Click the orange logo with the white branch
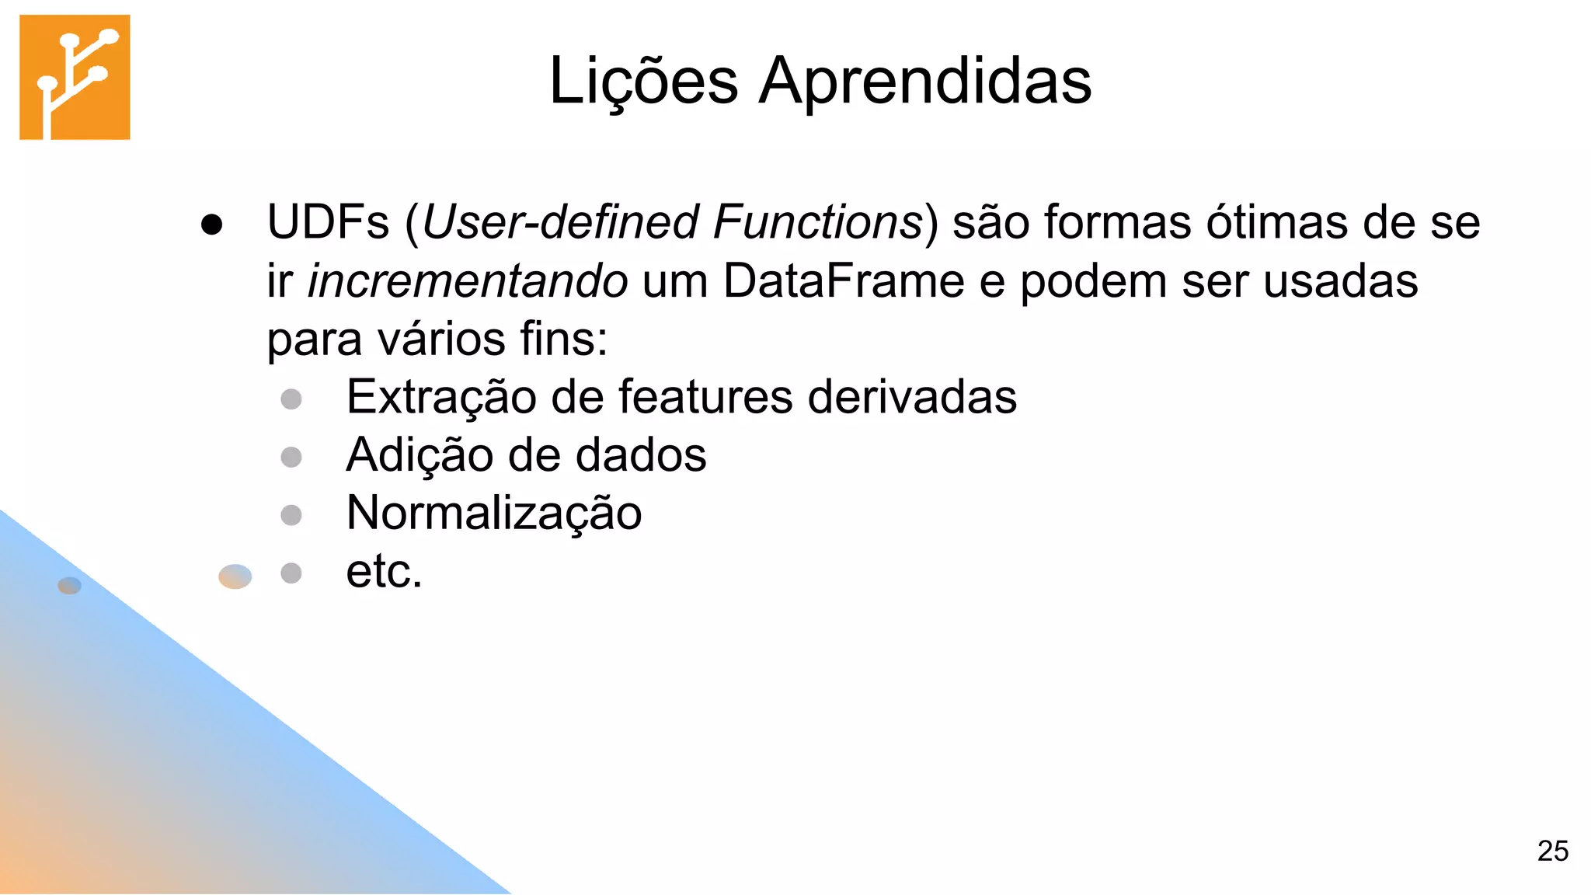75,77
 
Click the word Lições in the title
643,81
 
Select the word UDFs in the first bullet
328,222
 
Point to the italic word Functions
817,222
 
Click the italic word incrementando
468,280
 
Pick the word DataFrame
844,280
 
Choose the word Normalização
494,514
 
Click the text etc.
384,572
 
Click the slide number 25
1552,851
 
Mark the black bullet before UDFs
211,225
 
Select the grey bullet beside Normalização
291,515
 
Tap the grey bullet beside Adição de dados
291,457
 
